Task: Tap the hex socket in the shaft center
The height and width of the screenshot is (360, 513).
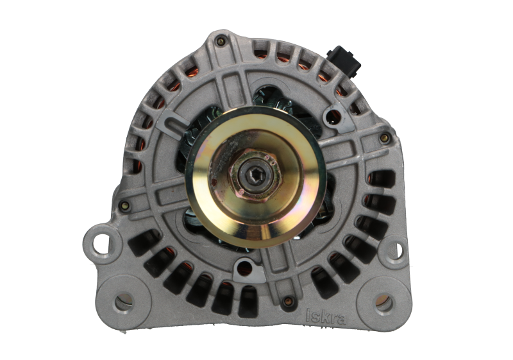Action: pos(254,175)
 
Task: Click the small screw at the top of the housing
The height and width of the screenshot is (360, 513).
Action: pos(221,42)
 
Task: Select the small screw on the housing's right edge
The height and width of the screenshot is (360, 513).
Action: pos(384,138)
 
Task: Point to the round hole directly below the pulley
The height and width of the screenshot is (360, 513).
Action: pos(244,266)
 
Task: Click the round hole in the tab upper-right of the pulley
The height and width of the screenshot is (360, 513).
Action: pos(333,116)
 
